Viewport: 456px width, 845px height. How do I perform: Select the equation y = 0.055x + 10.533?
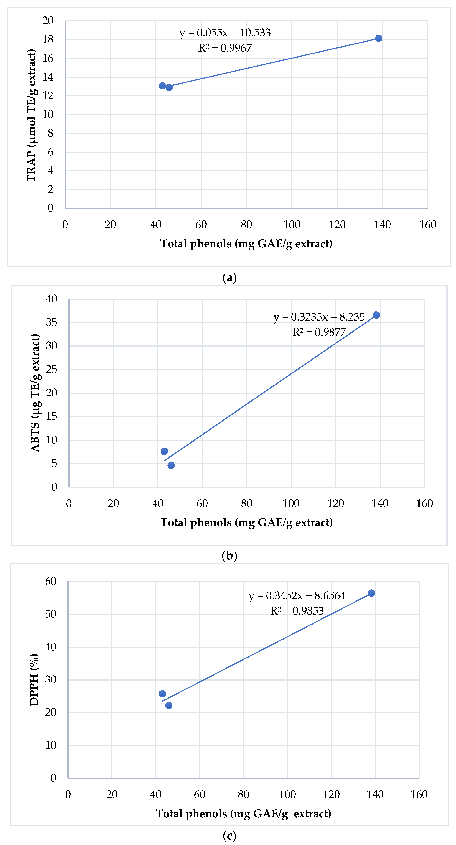(x=225, y=33)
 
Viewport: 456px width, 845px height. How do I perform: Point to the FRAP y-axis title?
(x=31, y=115)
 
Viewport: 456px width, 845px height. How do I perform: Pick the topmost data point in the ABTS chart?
(x=376, y=315)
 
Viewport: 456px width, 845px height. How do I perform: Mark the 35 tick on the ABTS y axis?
(x=51, y=322)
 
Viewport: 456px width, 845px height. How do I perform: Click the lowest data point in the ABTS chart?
(x=171, y=465)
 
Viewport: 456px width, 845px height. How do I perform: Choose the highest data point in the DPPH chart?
(x=371, y=593)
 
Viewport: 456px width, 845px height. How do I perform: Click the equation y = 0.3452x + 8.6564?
(x=297, y=596)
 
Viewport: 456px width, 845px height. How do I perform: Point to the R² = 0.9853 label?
(x=297, y=611)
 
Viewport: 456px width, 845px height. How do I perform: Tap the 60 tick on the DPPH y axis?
(x=51, y=582)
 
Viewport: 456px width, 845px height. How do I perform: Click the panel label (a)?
(x=229, y=278)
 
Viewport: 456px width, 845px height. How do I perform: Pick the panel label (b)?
(x=229, y=556)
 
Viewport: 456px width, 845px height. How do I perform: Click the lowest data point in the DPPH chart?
(x=169, y=705)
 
